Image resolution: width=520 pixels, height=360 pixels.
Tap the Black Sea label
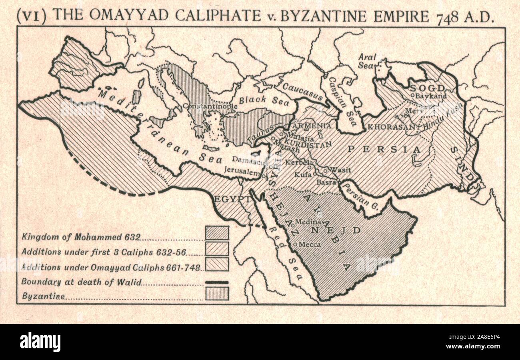[258, 100]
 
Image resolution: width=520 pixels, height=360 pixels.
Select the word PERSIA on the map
[384, 150]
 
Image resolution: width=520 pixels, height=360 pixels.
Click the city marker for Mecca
[295, 244]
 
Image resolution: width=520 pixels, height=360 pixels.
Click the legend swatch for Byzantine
[217, 294]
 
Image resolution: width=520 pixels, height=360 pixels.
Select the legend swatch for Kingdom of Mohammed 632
[217, 233]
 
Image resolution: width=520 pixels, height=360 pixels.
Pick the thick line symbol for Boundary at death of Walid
[217, 282]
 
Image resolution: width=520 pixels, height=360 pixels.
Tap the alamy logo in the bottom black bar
[40, 342]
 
